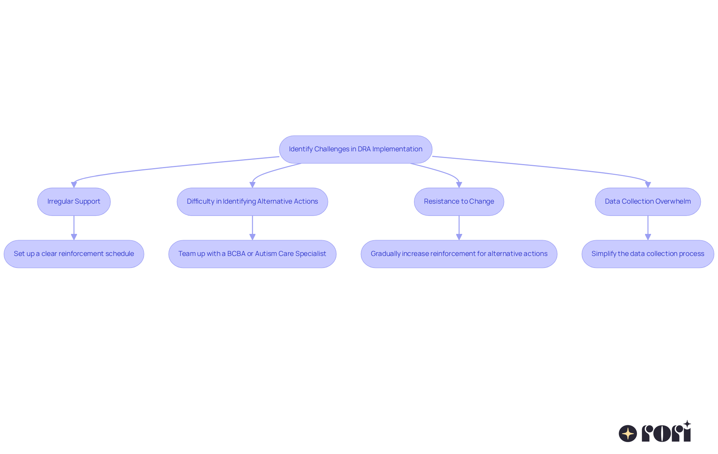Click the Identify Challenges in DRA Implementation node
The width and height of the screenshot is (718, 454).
(x=355, y=149)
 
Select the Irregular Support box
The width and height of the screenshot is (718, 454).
(x=74, y=201)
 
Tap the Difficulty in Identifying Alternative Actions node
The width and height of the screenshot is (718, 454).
(x=252, y=201)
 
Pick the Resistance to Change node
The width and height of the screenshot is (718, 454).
(x=459, y=201)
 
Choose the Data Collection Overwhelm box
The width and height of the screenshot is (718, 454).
(x=648, y=201)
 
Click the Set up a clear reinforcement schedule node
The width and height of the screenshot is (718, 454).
(x=74, y=254)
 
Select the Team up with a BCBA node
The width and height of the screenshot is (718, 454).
(x=252, y=254)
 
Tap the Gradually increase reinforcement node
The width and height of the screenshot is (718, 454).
(x=459, y=254)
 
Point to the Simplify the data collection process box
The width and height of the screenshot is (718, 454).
(x=648, y=254)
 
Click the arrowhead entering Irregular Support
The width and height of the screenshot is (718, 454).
(x=74, y=185)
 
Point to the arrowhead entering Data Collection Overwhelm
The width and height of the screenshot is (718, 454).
(x=648, y=185)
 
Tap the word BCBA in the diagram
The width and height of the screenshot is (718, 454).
(x=236, y=254)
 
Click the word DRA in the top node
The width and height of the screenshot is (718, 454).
(x=364, y=149)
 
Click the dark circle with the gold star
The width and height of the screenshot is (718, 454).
(x=628, y=433)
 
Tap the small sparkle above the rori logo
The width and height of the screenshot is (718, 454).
(x=687, y=424)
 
